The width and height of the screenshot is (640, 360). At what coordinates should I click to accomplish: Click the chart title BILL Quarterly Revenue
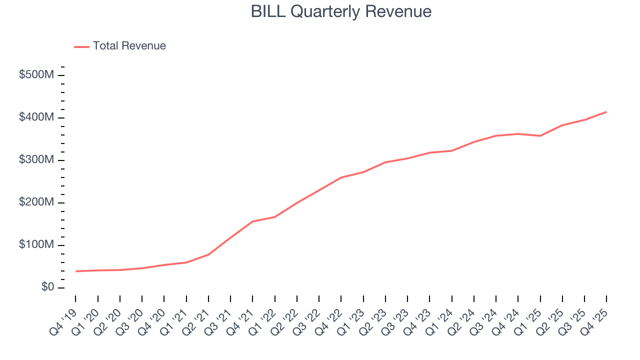341,11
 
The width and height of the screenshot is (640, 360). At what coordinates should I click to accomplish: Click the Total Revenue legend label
129,46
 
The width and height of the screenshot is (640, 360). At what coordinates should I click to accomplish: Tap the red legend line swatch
81,46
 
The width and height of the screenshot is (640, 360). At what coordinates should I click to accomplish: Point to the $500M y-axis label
36,75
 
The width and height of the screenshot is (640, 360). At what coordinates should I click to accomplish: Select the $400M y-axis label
36,117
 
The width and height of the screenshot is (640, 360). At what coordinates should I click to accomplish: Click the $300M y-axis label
36,160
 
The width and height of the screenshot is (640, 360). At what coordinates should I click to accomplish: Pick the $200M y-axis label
36,202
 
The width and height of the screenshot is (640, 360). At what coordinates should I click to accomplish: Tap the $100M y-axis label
36,245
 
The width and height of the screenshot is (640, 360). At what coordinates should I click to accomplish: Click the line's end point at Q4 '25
606,112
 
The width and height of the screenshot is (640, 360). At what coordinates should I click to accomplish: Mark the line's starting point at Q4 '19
76,271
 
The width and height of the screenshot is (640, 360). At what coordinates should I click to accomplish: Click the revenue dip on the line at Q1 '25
540,135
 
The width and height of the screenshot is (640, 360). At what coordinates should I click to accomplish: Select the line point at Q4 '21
252,221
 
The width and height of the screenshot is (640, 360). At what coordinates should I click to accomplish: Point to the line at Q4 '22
341,177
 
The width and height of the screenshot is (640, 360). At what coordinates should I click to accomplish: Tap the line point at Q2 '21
208,254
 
